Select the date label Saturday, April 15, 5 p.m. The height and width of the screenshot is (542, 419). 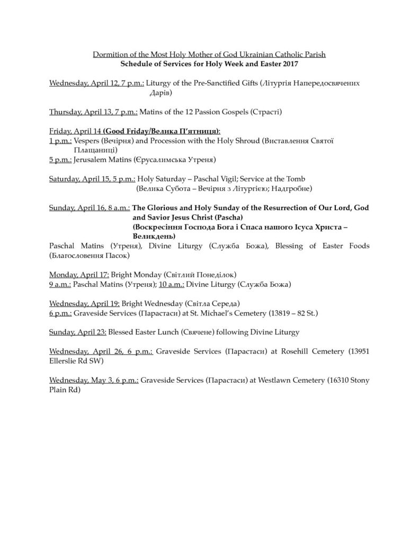(92, 179)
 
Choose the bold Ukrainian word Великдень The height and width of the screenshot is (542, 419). (154, 236)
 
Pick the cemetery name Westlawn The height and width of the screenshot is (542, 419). (273, 381)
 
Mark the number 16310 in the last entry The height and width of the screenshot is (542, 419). (341, 381)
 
